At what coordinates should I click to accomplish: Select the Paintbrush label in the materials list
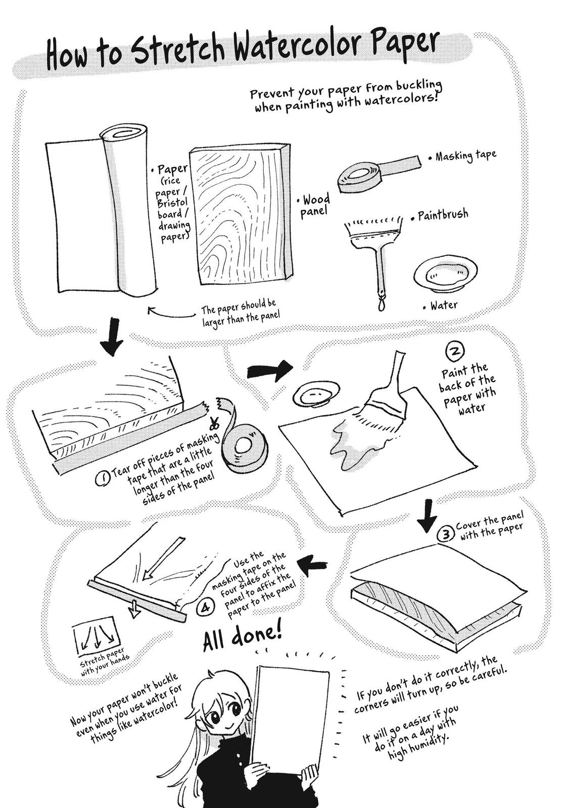443,215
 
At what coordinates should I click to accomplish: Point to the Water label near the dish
444,306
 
